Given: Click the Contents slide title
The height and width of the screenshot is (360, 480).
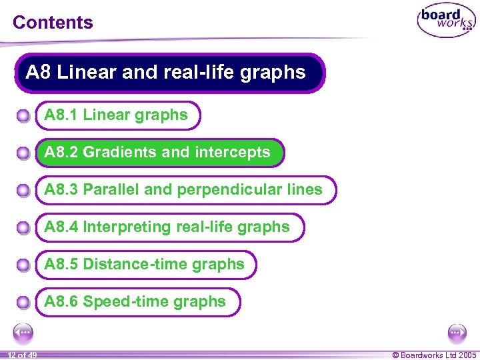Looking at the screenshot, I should [53, 22].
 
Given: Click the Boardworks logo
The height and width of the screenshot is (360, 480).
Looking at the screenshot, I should [446, 21].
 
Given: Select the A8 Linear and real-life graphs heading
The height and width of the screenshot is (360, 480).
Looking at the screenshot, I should [166, 72].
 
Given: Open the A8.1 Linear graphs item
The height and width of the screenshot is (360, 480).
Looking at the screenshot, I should [116, 115].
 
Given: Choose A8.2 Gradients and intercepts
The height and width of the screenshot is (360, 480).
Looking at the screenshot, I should [157, 153].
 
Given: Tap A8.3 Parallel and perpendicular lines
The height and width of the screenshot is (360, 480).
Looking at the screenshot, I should [183, 190].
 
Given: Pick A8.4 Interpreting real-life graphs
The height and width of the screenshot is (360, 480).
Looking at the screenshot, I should [167, 227].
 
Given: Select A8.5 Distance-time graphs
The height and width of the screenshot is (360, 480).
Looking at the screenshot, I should [144, 265].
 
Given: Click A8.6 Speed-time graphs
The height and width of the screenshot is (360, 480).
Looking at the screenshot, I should [135, 302].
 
